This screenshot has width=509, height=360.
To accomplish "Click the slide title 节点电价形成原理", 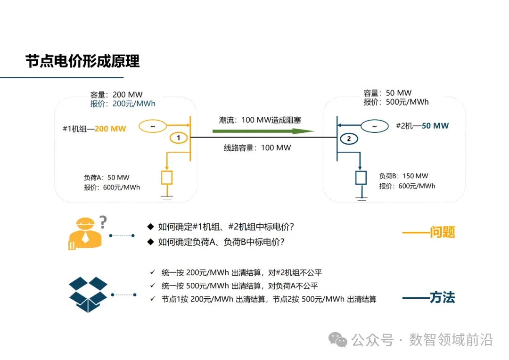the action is [82, 61].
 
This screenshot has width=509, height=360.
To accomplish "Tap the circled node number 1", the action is [178, 138].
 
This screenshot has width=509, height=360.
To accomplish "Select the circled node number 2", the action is [349, 139].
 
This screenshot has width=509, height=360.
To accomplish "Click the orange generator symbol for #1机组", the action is [152, 126].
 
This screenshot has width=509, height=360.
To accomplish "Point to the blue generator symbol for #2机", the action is [375, 126].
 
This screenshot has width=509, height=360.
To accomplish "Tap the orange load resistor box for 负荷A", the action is [167, 178].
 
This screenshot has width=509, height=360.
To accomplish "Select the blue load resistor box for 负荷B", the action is [361, 178].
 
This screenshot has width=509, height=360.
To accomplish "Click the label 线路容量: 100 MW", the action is [257, 148].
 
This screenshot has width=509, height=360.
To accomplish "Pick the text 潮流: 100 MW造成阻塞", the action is [260, 120].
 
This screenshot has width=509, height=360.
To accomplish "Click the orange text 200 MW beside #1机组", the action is [110, 129].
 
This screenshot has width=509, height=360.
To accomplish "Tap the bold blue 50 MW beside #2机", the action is [435, 126].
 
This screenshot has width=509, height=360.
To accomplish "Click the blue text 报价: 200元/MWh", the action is [123, 104].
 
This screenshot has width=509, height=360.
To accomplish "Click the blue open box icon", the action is [88, 295].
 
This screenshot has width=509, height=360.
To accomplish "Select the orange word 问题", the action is [442, 232].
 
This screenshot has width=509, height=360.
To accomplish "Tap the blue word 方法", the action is [442, 298].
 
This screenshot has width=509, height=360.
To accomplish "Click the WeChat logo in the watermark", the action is [338, 339].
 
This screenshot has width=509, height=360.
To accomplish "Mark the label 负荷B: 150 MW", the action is [404, 176].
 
